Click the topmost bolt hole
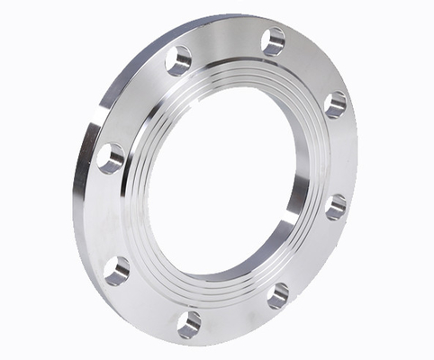pos(273,41)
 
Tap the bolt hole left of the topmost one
pos(179,60)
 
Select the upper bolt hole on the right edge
pos(335,104)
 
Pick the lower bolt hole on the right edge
pos(336,207)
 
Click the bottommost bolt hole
pos(189,322)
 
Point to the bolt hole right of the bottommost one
pos(278,294)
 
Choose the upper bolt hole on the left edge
pos(111,158)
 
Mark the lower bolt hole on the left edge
pos(116,269)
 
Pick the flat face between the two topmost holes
pos(225,45)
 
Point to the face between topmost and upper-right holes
pos(311,67)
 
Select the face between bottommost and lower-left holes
pos(149,301)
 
